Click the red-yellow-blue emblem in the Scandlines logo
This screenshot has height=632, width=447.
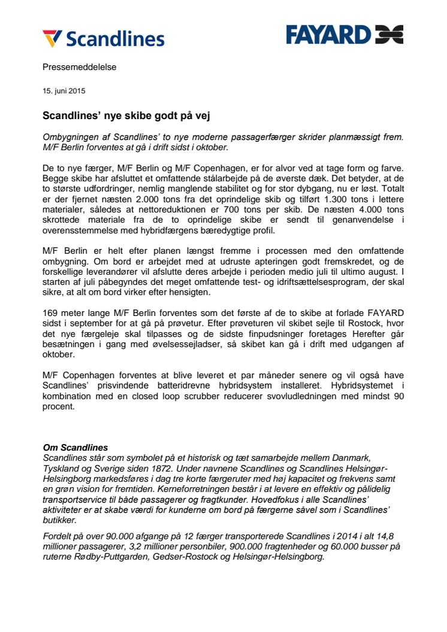[53, 38]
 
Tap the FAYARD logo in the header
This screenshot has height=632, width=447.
[344, 35]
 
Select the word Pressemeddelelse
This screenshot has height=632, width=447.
[80, 67]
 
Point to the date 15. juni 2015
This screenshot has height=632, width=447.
[64, 92]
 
